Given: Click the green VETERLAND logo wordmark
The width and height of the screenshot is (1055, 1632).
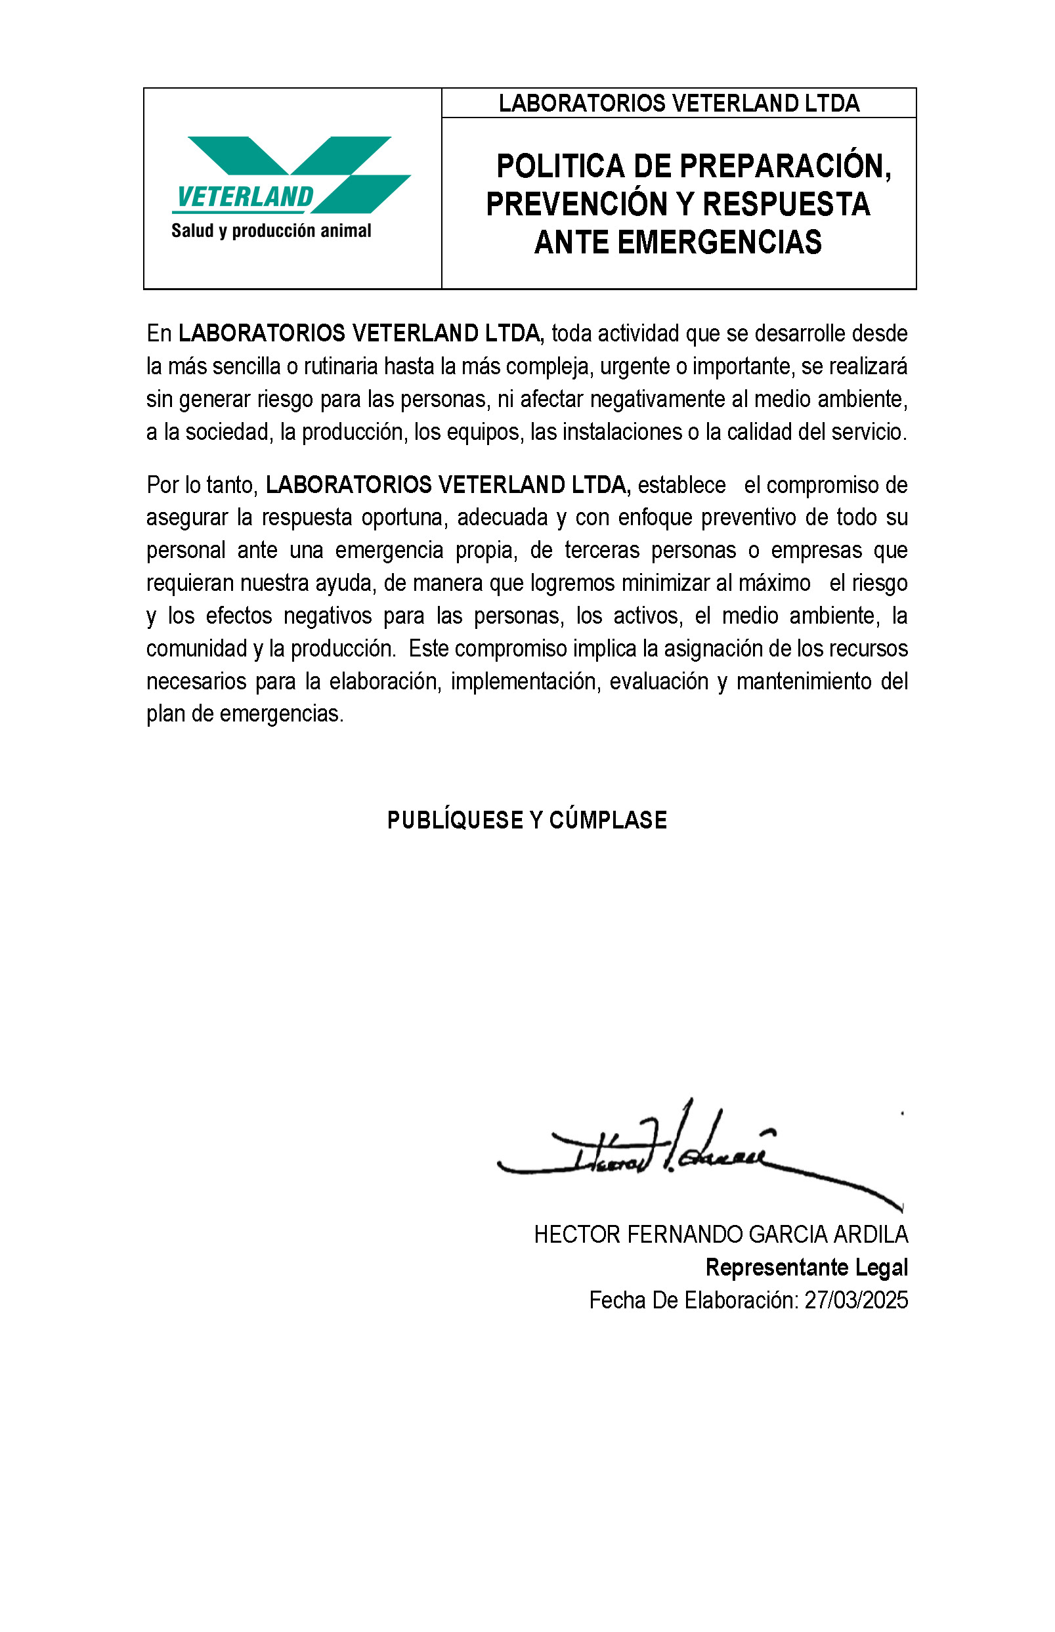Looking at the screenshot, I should pyautogui.click(x=245, y=197).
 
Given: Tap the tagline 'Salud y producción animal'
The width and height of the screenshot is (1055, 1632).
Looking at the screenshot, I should pyautogui.click(x=270, y=231).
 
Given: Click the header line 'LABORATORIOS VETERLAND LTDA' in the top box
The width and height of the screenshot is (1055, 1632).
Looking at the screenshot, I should pyautogui.click(x=678, y=104).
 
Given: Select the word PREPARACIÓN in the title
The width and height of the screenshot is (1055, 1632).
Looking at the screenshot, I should pyautogui.click(x=785, y=167).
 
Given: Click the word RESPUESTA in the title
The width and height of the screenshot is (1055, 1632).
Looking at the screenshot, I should pyautogui.click(x=786, y=204).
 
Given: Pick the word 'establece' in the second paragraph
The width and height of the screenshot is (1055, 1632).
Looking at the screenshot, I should pyautogui.click(x=681, y=485).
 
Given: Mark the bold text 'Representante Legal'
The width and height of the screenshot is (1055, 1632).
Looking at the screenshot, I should pyautogui.click(x=806, y=1268).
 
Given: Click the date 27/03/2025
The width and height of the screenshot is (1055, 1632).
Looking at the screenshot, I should pyautogui.click(x=855, y=1300).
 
